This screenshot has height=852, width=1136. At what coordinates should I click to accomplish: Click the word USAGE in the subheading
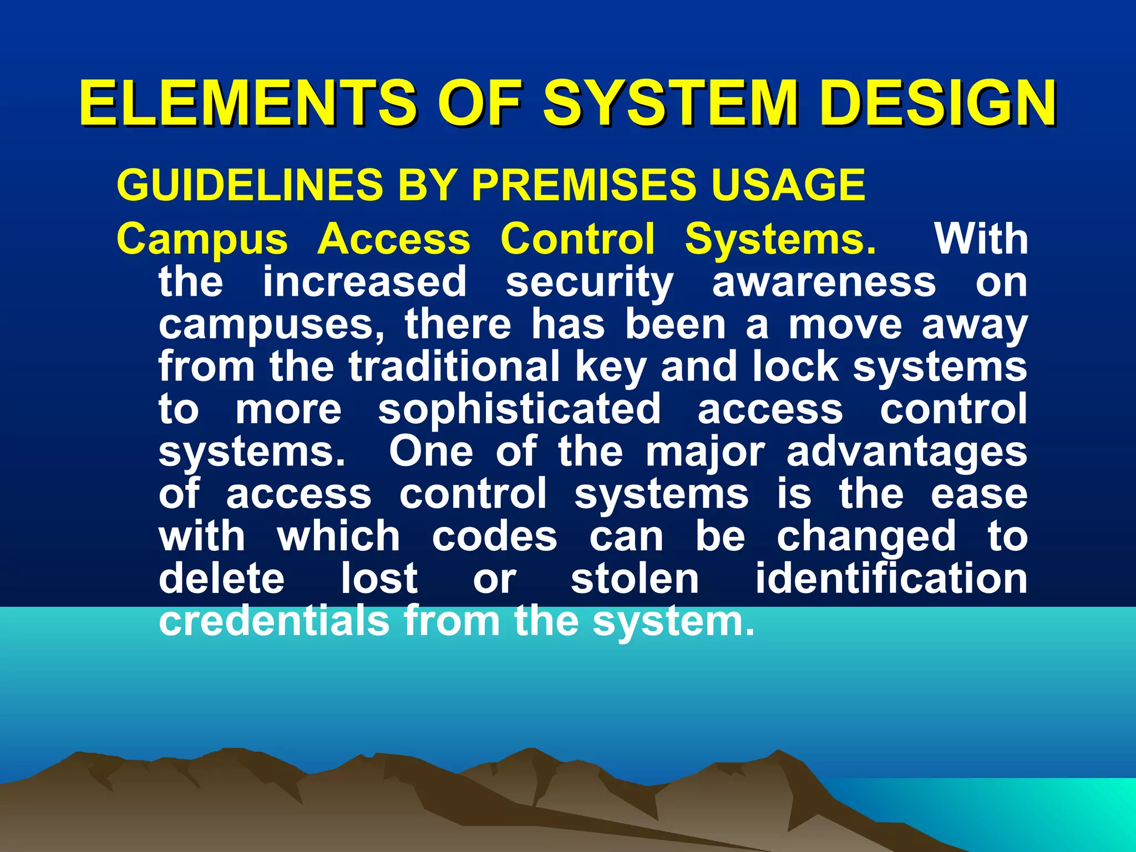(x=788, y=185)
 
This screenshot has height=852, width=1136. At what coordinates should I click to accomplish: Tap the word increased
(x=364, y=282)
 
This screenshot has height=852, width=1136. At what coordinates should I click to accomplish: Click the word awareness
(x=824, y=282)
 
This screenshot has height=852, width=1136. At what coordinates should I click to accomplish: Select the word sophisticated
(x=519, y=410)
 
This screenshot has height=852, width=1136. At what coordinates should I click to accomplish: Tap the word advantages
(x=907, y=453)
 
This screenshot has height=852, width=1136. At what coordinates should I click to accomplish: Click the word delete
(x=221, y=578)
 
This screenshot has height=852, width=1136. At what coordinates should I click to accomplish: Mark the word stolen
(x=635, y=578)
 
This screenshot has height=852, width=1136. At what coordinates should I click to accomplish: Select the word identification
(x=891, y=578)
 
